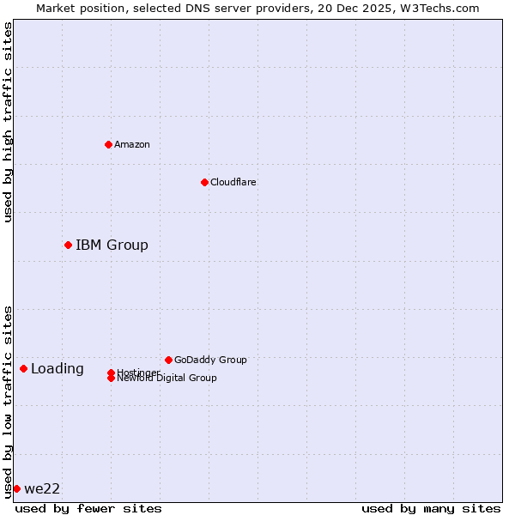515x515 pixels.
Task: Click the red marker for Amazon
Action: (x=108, y=144)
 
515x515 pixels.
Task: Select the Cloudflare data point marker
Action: (x=204, y=182)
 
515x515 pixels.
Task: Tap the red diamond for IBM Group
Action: (x=68, y=245)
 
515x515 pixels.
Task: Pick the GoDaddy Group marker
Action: (x=168, y=360)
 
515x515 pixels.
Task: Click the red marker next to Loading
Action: (x=23, y=368)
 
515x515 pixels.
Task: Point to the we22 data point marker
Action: (x=16, y=488)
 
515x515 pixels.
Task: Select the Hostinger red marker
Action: (x=111, y=373)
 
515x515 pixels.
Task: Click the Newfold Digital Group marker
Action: (x=111, y=379)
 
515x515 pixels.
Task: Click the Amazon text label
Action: (x=132, y=144)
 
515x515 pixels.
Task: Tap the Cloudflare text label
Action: (x=233, y=182)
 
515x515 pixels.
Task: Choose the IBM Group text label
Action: (x=112, y=245)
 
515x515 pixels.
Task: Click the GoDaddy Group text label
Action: (x=210, y=360)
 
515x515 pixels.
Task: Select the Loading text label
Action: (x=58, y=369)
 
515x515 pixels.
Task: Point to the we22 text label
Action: (x=42, y=488)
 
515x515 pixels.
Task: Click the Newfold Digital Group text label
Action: (x=167, y=379)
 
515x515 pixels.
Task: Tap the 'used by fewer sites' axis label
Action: (x=88, y=508)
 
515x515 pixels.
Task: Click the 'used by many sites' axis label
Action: (x=431, y=508)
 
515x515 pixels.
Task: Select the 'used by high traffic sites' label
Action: (x=8, y=122)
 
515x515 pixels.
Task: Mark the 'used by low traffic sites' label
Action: (x=8, y=401)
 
